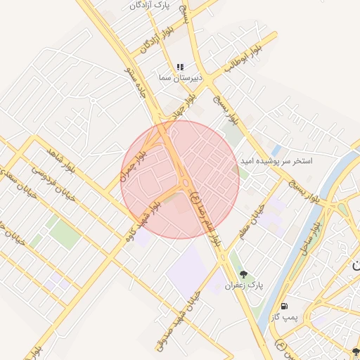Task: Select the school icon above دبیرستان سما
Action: click(x=180, y=67)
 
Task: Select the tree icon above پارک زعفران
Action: click(x=243, y=274)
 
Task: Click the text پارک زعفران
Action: click(x=243, y=286)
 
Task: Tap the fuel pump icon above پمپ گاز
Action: click(x=284, y=306)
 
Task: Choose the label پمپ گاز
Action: click(x=285, y=318)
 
